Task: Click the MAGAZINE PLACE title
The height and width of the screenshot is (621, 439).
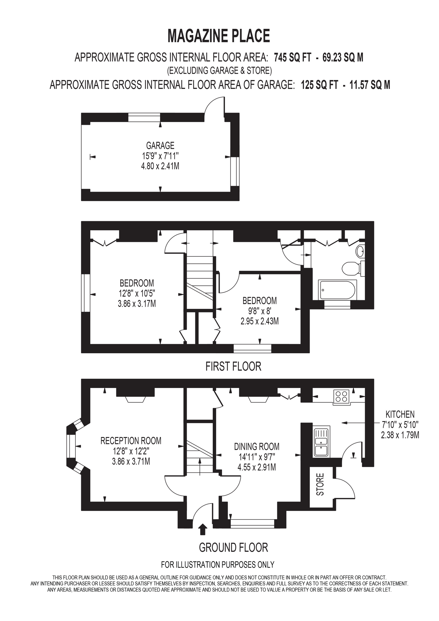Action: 219,36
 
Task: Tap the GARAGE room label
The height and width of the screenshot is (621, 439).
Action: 160,145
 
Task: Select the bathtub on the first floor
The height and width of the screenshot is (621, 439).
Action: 338,290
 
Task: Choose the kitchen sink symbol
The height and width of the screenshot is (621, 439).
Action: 321,442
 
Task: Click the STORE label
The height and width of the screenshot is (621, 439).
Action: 320,484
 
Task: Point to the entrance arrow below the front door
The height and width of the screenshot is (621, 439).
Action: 203,530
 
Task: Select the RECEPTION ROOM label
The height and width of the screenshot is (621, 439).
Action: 131,441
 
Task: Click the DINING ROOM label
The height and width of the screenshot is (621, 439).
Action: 257,447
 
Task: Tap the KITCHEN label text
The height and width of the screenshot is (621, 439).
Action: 400,414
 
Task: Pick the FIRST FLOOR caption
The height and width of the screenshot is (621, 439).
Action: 233,366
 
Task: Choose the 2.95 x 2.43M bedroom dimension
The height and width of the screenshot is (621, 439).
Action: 260,321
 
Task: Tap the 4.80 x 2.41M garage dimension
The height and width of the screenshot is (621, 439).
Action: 160,166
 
